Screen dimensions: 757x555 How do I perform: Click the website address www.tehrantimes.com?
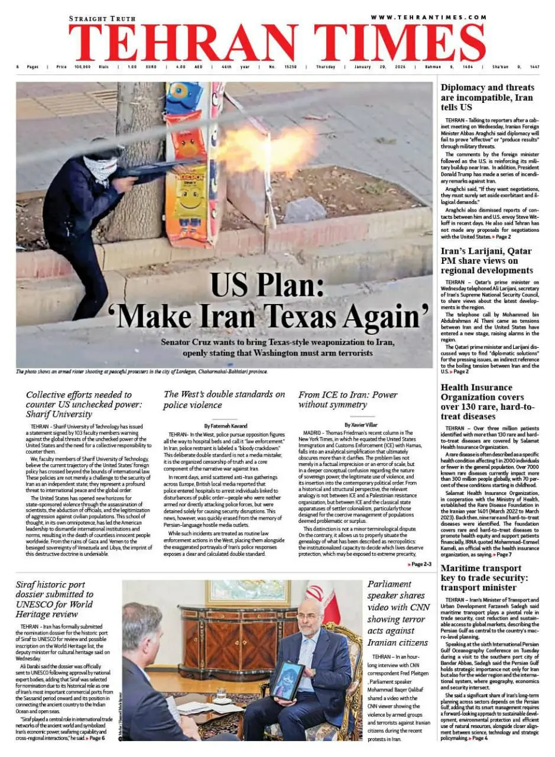(429, 17)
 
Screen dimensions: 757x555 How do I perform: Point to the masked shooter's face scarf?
(100, 167)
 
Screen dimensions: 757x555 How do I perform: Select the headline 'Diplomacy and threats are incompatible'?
(486, 98)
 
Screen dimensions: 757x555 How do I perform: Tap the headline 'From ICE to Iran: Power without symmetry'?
(348, 400)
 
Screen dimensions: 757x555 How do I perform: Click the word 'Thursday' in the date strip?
(325, 67)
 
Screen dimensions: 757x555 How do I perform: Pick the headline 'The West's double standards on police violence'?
(224, 400)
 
